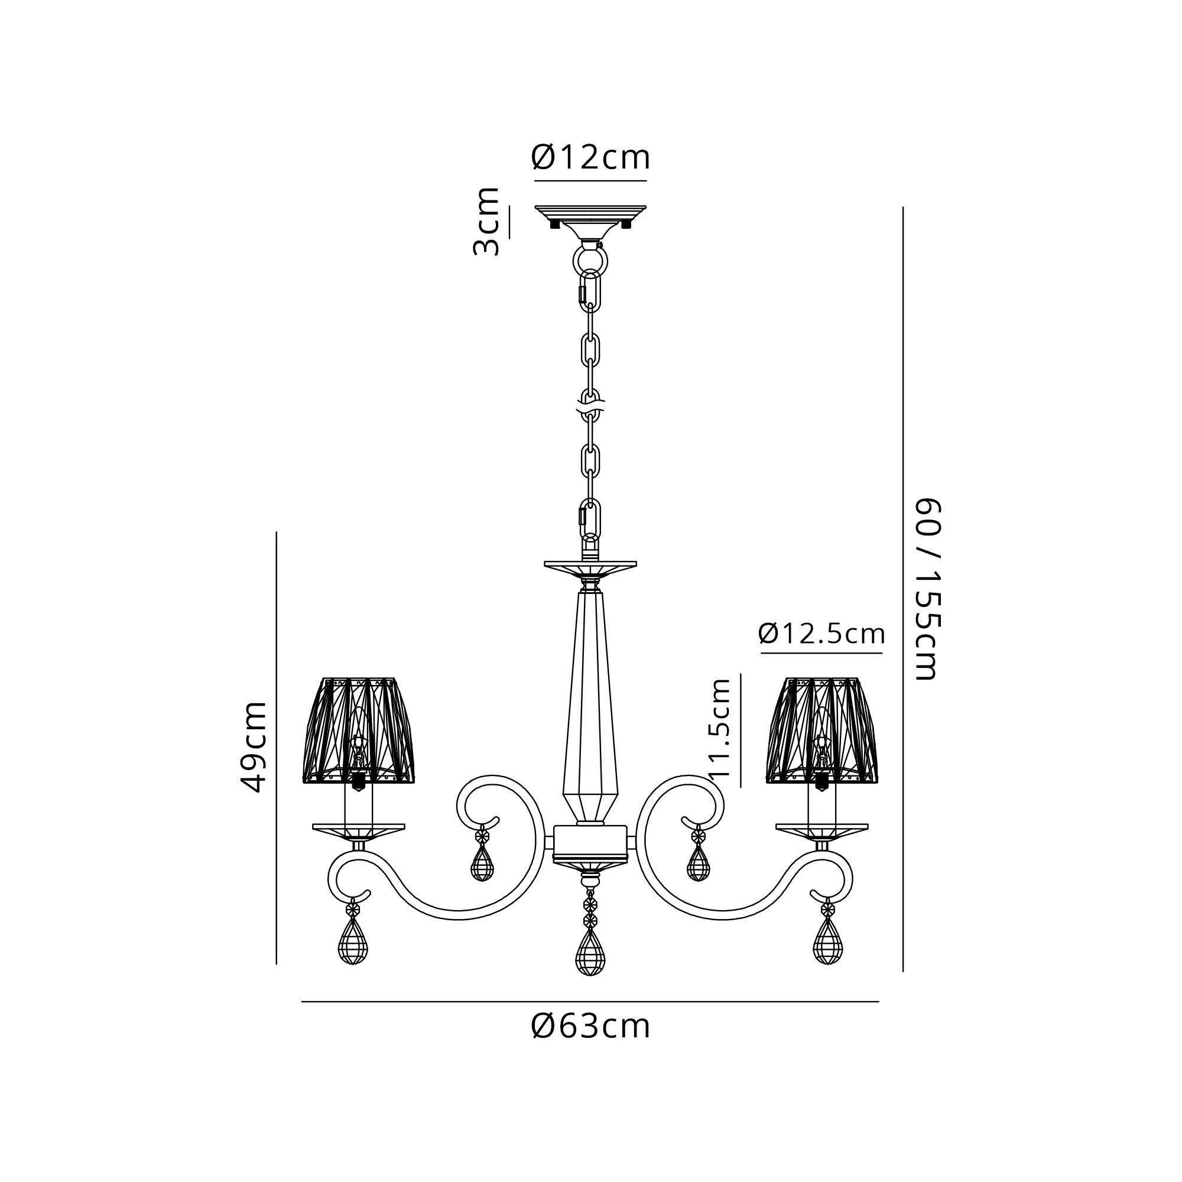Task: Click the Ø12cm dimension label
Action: coord(590,157)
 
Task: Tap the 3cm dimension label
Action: coord(487,222)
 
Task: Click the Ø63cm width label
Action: coord(590,1026)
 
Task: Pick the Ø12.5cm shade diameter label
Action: coord(821,633)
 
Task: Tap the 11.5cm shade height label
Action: coord(719,728)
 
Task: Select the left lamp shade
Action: coord(359,730)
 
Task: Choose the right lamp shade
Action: coord(821,730)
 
